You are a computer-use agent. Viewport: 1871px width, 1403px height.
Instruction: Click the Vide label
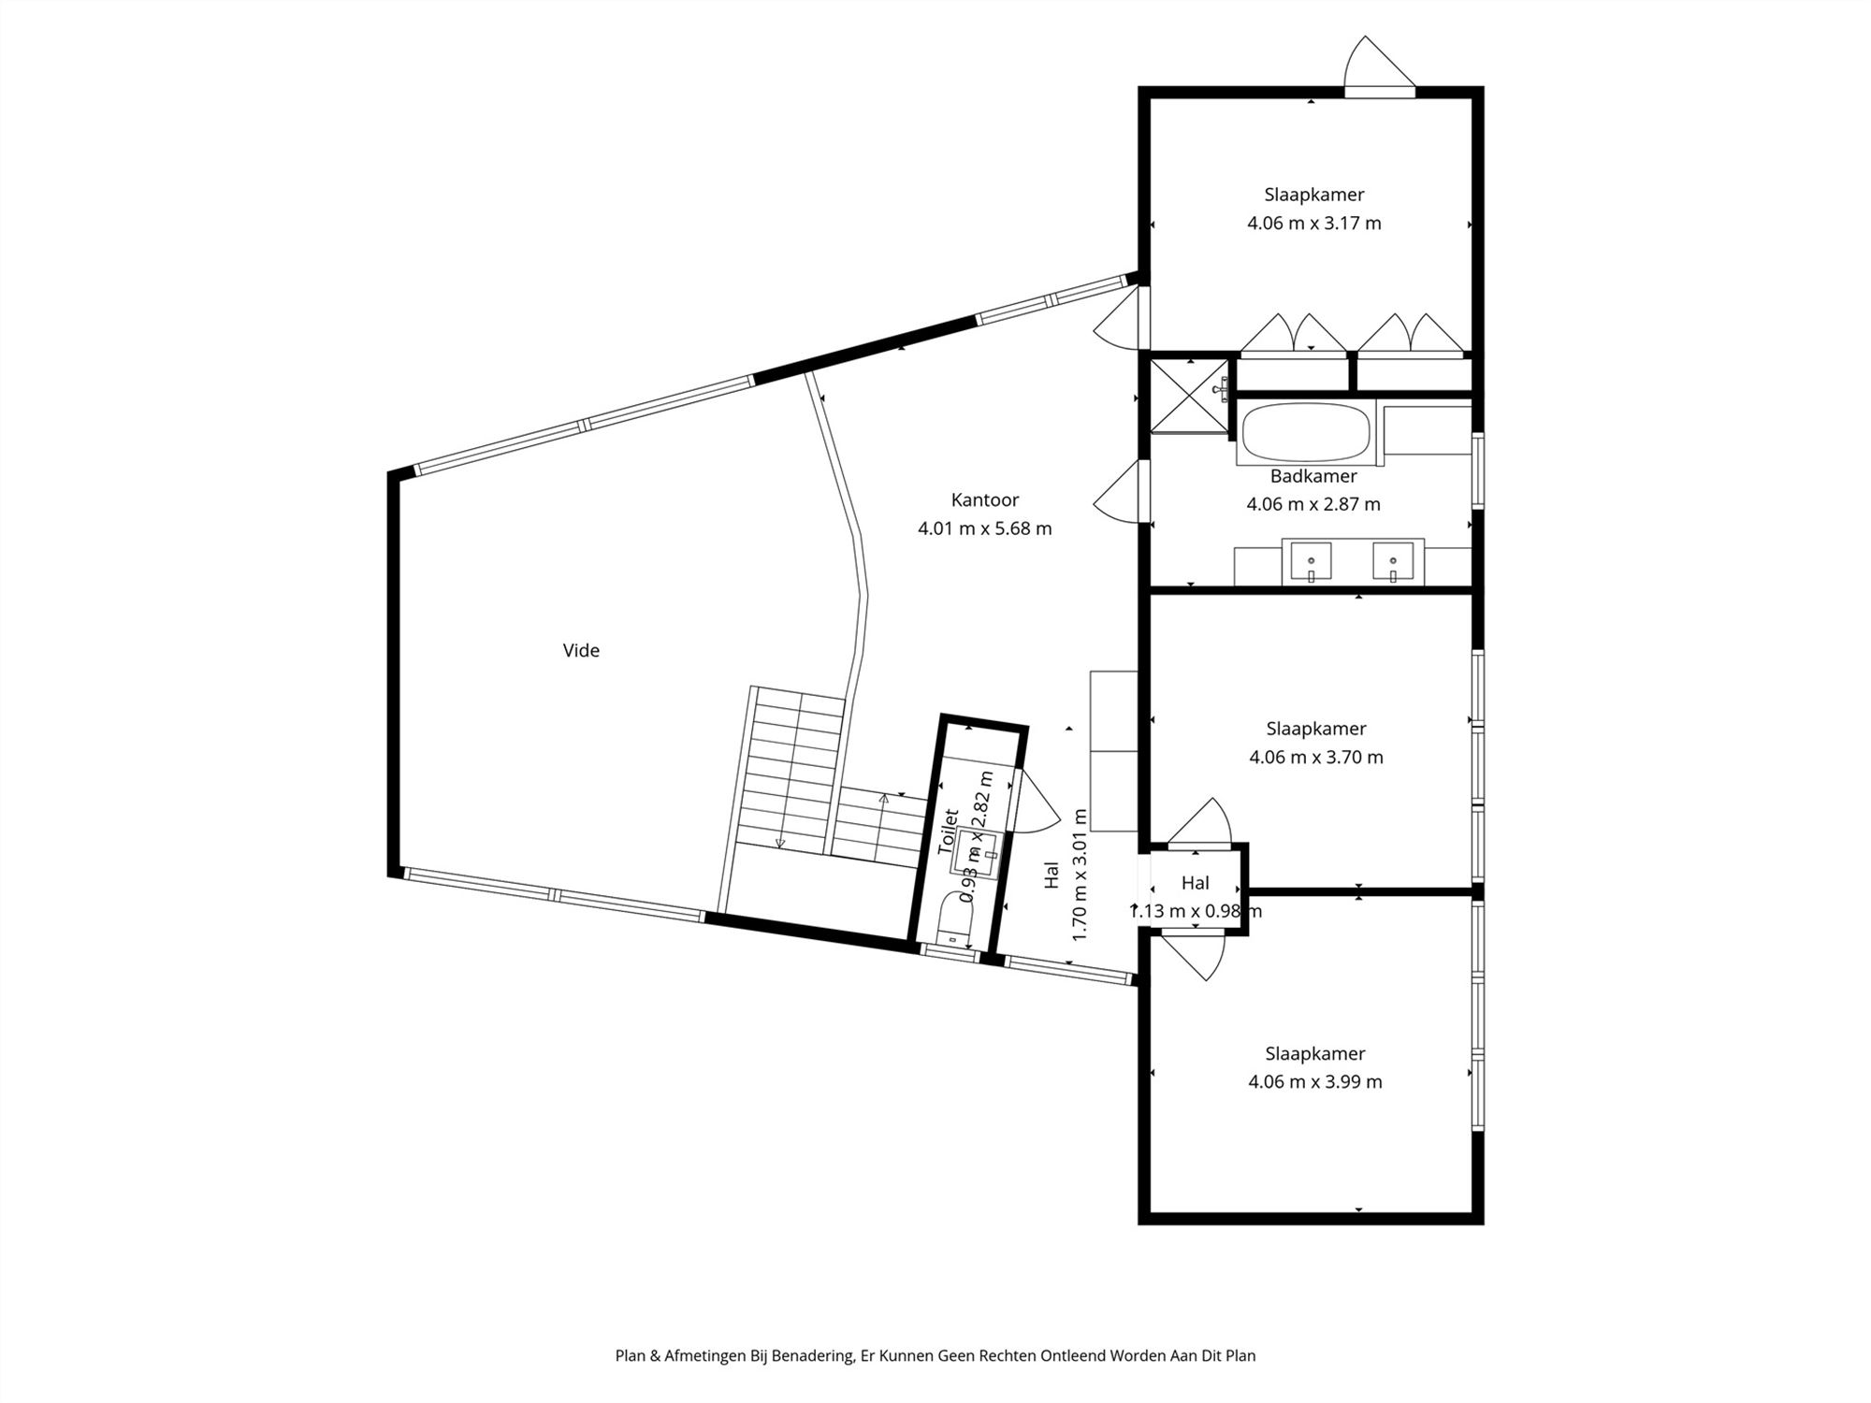point(581,650)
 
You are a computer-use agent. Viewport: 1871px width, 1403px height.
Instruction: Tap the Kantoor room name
point(984,499)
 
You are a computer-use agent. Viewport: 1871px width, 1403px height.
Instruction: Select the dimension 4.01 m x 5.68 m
point(984,528)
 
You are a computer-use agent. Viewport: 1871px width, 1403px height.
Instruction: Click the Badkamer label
point(1313,476)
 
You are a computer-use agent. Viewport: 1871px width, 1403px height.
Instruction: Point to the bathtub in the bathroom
point(1306,432)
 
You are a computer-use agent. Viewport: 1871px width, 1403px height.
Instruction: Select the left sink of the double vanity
point(1311,561)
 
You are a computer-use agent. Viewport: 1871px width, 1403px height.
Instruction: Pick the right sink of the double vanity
point(1393,561)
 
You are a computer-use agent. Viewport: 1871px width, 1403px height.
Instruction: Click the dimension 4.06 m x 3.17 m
point(1313,224)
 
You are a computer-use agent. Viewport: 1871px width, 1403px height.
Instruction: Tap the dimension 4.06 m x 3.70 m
point(1315,758)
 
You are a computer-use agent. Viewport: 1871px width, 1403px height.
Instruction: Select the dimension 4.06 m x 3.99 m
point(1314,1082)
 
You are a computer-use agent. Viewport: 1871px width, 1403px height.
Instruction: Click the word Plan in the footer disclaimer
point(630,1355)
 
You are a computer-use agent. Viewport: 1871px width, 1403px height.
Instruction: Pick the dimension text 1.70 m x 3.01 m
point(1080,875)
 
